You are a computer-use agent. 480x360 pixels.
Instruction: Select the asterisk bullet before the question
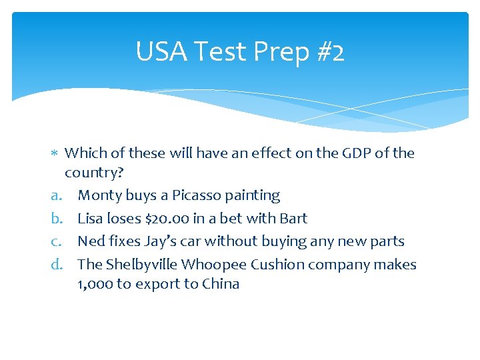click(x=55, y=154)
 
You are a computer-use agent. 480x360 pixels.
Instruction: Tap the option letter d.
click(x=56, y=265)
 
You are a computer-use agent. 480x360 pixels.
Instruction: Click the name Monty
click(x=99, y=196)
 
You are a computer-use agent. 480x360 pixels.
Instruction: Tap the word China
click(x=221, y=284)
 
